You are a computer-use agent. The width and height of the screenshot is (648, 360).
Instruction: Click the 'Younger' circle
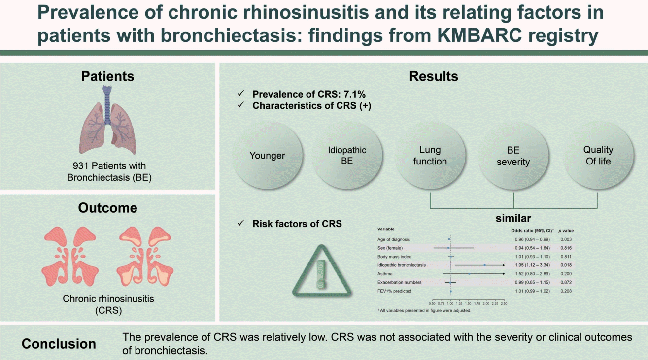[267, 156]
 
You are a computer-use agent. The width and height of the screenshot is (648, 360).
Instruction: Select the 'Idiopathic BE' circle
[347, 156]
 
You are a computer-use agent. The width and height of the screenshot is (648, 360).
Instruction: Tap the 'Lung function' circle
[430, 156]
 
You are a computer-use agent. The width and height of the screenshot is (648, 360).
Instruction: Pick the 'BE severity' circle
[513, 156]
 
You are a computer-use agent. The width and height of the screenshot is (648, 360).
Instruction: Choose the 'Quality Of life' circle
[598, 156]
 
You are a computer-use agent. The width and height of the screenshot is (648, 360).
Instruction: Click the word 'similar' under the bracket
[513, 218]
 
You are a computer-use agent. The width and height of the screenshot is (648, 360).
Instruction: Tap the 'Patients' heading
[107, 76]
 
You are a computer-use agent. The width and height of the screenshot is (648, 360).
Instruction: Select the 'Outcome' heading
[107, 208]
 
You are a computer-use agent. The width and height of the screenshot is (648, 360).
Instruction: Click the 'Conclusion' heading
[59, 344]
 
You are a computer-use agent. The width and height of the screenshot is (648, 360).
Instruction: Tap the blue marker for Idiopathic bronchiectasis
[485, 265]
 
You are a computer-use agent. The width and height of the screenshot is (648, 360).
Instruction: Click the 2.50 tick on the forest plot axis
[504, 304]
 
